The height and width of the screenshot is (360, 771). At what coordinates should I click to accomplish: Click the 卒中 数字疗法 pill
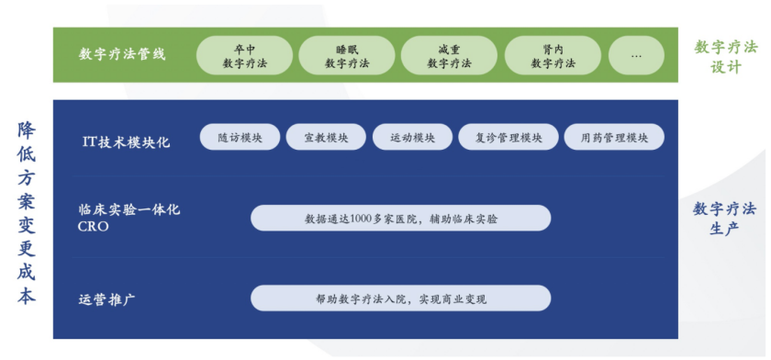(x=244, y=56)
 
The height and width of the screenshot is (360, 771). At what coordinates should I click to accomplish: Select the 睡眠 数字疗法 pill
(x=347, y=56)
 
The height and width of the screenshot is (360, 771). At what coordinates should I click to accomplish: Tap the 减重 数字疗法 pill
(x=449, y=56)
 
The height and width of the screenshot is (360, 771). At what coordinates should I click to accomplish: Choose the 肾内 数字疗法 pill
(x=553, y=56)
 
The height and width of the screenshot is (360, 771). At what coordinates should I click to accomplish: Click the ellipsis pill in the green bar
(x=636, y=56)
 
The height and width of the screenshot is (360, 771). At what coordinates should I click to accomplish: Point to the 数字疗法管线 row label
(x=122, y=54)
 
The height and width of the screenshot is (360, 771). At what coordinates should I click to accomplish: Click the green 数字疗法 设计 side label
(x=725, y=57)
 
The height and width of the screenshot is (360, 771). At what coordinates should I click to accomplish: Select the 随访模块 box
(x=240, y=137)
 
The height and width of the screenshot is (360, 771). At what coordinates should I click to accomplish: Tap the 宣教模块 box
(x=326, y=137)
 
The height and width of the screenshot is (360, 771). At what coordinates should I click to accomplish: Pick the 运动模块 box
(x=412, y=137)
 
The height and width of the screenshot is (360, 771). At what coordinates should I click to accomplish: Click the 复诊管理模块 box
(x=508, y=137)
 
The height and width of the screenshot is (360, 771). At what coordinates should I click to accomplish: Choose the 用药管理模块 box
(x=614, y=137)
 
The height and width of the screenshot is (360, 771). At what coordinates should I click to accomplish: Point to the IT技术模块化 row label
(x=127, y=142)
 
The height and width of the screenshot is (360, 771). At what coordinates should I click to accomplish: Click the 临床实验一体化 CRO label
(x=129, y=218)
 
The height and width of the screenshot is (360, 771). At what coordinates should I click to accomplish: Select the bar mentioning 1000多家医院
(x=401, y=218)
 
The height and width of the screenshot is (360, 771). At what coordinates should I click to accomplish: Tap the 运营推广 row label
(x=107, y=299)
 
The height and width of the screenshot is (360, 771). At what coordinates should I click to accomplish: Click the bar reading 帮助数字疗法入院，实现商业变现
(x=401, y=298)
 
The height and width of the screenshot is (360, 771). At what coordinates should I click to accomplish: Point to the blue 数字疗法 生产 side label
(x=725, y=219)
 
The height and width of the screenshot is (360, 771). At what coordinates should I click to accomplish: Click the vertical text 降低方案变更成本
(x=27, y=213)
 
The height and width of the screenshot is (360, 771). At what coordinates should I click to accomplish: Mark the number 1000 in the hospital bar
(x=363, y=219)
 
